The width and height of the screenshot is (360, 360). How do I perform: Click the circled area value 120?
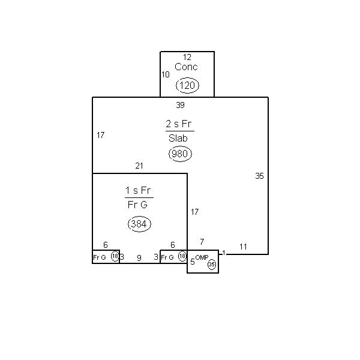pyautogui.click(x=187, y=85)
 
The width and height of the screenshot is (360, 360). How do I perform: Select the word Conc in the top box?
pyautogui.click(x=186, y=67)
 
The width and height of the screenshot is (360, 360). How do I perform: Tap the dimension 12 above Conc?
pyautogui.click(x=187, y=57)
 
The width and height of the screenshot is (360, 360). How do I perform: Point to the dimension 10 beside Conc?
pyautogui.click(x=166, y=74)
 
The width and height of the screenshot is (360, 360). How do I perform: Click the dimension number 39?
pyautogui.click(x=180, y=105)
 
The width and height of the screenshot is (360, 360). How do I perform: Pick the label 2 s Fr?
pyautogui.click(x=178, y=124)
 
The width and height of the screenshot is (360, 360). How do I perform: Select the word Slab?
pyautogui.click(x=178, y=138)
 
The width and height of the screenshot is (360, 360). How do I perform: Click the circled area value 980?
pyautogui.click(x=180, y=154)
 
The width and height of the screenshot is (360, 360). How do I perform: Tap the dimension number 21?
pyautogui.click(x=139, y=166)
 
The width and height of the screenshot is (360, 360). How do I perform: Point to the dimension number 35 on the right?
pyautogui.click(x=259, y=176)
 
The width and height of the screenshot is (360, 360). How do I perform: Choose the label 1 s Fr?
pyautogui.click(x=138, y=190)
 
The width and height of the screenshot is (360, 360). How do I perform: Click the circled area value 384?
pyautogui.click(x=139, y=224)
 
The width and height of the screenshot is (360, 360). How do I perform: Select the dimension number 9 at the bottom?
pyautogui.click(x=139, y=258)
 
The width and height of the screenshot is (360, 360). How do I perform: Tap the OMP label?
pyautogui.click(x=202, y=257)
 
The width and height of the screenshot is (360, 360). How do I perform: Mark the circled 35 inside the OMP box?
pyautogui.click(x=212, y=265)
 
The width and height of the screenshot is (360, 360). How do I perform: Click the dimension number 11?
pyautogui.click(x=243, y=247)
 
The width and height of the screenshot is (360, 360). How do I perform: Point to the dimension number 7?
pyautogui.click(x=202, y=242)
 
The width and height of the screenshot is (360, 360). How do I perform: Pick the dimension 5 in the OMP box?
pyautogui.click(x=193, y=262)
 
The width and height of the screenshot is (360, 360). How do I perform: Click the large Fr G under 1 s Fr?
pyautogui.click(x=137, y=205)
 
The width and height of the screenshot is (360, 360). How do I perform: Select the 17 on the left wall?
pyautogui.click(x=101, y=135)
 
